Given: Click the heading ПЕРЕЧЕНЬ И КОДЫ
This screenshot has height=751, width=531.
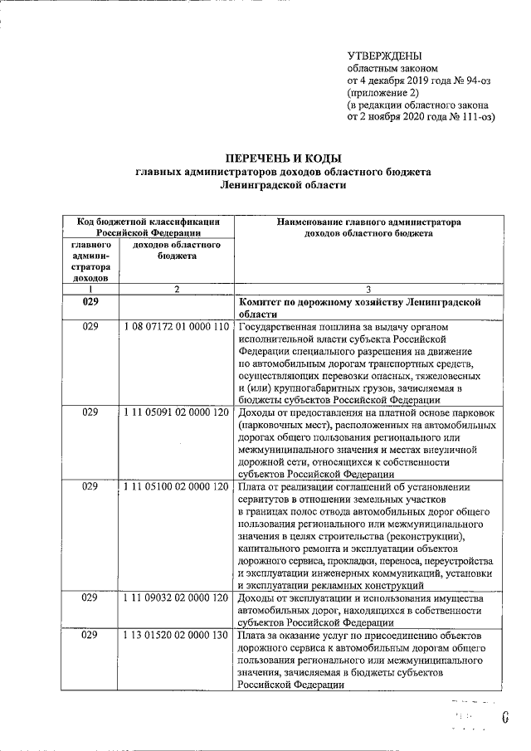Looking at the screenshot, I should [284, 158].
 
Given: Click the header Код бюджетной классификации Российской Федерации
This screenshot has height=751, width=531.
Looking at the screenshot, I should [149, 227].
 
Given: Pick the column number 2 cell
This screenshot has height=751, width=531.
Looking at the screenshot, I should [176, 289].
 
